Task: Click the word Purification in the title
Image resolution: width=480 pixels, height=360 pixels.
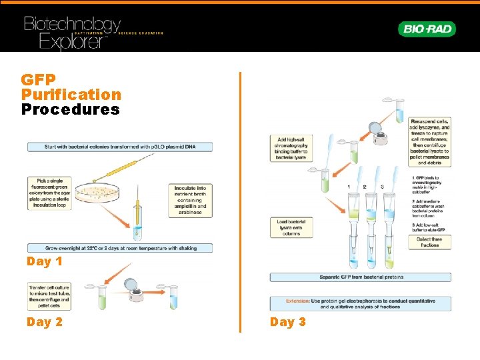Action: click(71, 95)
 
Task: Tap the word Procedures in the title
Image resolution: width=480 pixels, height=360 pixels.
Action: click(71, 109)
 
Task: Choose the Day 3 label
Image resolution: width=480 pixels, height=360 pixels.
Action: click(288, 322)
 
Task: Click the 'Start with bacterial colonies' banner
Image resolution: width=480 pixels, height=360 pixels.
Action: click(120, 146)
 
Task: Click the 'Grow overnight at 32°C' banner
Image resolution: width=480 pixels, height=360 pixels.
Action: click(120, 248)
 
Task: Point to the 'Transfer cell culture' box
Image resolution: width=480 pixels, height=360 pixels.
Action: click(49, 297)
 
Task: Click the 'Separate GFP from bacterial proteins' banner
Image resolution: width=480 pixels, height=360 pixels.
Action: click(360, 277)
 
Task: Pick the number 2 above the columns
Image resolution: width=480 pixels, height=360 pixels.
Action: click(365, 187)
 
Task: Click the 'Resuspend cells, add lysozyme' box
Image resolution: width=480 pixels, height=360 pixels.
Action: click(430, 141)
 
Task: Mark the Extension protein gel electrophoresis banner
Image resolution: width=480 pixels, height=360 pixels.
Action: click(360, 303)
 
